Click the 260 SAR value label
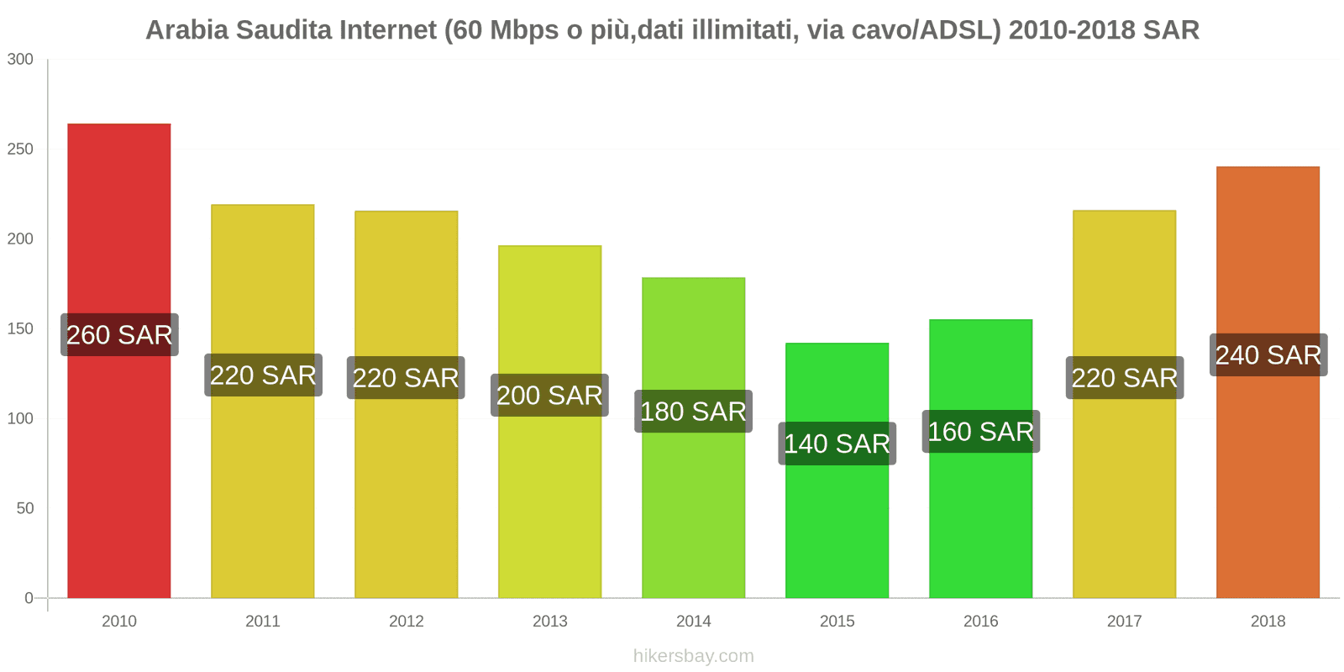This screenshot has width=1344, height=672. (x=119, y=334)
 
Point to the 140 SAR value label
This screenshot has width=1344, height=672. (x=837, y=444)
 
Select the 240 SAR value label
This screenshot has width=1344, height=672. (x=1268, y=354)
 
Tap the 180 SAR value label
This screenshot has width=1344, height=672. (x=693, y=412)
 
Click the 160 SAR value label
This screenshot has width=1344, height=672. (x=980, y=432)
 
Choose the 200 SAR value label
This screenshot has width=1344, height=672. (x=549, y=396)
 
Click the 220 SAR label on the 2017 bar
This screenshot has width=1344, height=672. (x=1125, y=378)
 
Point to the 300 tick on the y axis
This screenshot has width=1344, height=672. (x=20, y=59)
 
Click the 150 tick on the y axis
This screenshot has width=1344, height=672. (x=20, y=328)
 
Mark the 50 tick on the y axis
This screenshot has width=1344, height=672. (x=24, y=508)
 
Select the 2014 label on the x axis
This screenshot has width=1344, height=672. (x=693, y=621)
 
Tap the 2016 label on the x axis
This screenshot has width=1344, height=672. (x=980, y=621)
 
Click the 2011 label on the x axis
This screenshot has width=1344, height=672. (x=262, y=621)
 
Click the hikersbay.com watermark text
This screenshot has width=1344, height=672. (x=693, y=656)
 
